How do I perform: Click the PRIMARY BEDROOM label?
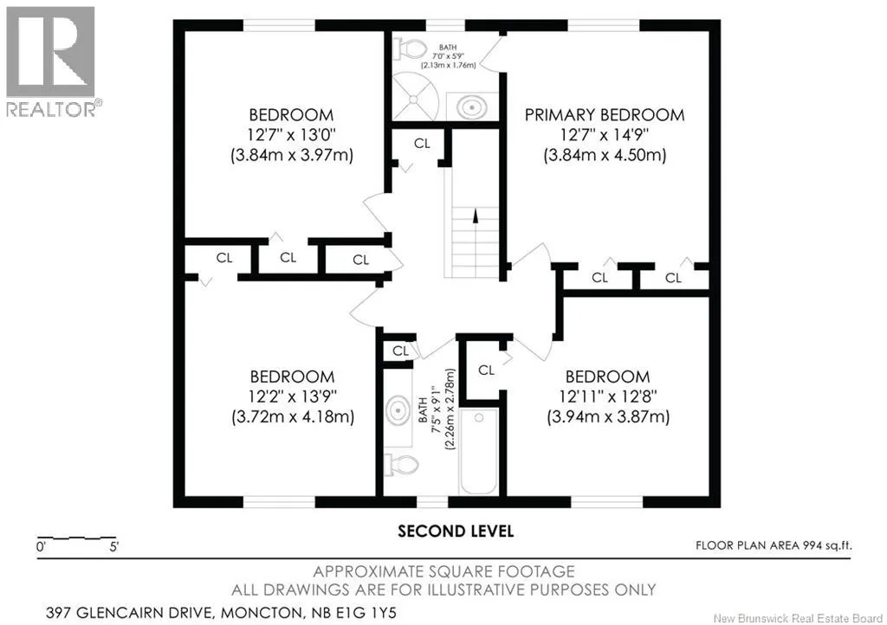[604, 115]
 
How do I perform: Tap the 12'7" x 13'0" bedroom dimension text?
[291, 135]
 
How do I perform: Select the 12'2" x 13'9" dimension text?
[293, 396]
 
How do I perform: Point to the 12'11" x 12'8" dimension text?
[608, 396]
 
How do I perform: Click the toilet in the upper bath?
[410, 48]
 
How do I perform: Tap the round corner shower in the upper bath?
[415, 96]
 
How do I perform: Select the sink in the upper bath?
[472, 106]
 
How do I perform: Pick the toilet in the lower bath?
[402, 466]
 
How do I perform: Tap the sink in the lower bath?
[398, 410]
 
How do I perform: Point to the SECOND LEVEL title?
[456, 532]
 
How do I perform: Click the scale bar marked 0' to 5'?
[77, 538]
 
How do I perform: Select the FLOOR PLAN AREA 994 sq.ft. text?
[774, 545]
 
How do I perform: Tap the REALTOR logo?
[51, 61]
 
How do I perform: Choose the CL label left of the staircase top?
[422, 144]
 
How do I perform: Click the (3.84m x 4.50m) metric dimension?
[605, 155]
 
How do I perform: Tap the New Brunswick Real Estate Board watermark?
[798, 618]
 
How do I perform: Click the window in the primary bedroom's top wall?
[604, 25]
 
